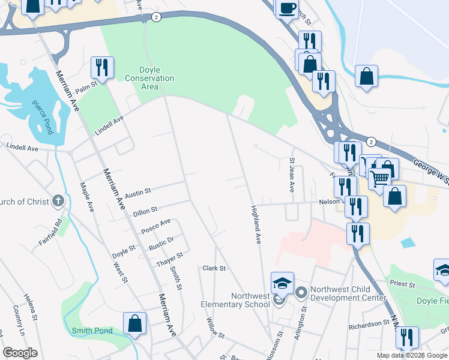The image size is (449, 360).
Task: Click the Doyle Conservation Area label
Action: pos(149,79)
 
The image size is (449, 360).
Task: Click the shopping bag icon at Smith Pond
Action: pos(135,323)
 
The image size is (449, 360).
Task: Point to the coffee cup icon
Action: pos(287,7)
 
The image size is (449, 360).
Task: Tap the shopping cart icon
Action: pos(379,177)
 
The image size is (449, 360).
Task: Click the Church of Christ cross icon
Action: pos(58,202)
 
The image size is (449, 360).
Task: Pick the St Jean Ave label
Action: pos(292,175)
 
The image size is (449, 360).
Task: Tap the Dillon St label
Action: pos(145,211)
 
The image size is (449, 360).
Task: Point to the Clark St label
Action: pos(214,268)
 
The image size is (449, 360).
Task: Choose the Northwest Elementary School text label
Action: pos(235,300)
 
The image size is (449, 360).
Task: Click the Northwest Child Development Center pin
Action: pos(301,293)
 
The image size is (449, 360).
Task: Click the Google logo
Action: pos(20,353)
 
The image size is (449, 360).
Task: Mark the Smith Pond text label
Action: pos(92,331)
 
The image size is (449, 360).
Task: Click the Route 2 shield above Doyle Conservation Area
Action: pos(156,17)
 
